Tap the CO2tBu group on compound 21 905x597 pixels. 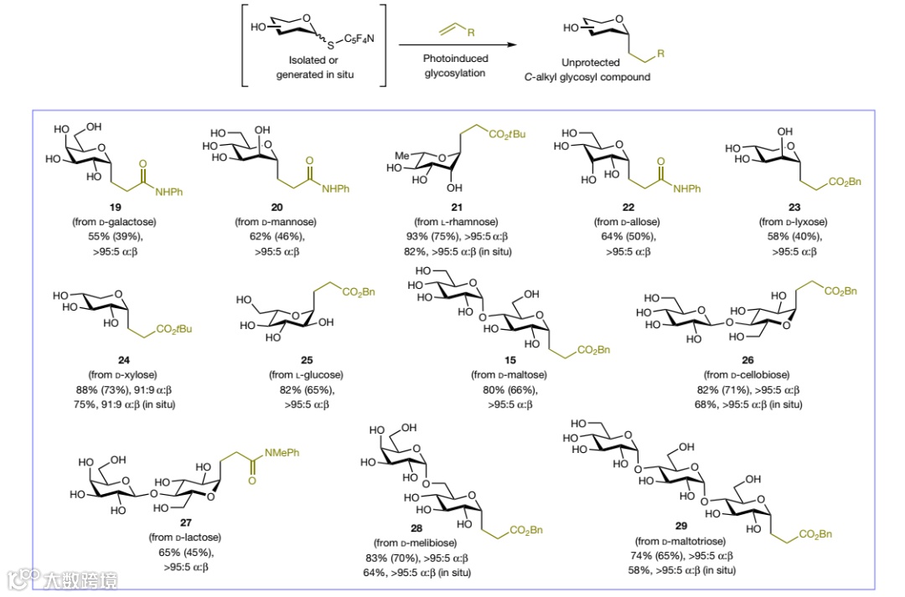pyautogui.click(x=504, y=131)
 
